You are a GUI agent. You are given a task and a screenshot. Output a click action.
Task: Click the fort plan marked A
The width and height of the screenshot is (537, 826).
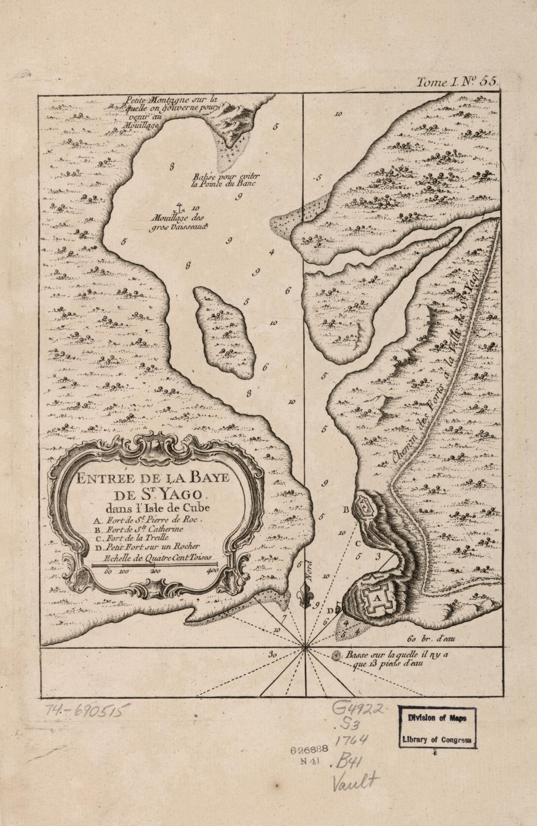pos(376,596)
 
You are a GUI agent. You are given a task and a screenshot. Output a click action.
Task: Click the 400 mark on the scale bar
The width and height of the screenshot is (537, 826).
pos(213,571)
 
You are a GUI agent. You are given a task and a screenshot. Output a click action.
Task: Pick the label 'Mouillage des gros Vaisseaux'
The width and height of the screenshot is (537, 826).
pos(179,222)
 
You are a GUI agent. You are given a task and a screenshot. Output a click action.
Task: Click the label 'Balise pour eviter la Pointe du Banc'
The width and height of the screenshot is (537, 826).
pos(221,180)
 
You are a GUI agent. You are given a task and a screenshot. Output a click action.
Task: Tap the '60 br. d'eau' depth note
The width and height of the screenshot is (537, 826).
pos(430,638)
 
